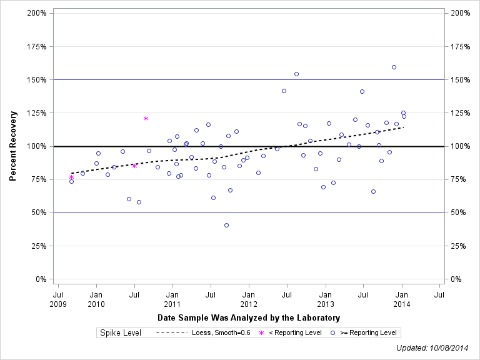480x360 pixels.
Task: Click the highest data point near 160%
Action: click(x=394, y=67)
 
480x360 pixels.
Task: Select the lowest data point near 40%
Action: click(x=226, y=225)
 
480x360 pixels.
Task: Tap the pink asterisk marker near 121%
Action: click(x=146, y=118)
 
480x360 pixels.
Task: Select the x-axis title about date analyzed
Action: click(x=249, y=318)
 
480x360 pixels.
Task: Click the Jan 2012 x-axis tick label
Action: click(x=249, y=299)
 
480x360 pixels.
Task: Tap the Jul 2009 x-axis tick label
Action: click(x=57, y=299)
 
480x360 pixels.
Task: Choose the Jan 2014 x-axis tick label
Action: click(x=402, y=299)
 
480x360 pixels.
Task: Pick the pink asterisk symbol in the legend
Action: click(x=262, y=332)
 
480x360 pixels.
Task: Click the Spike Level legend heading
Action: click(x=121, y=332)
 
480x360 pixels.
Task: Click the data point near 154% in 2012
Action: click(x=296, y=74)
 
